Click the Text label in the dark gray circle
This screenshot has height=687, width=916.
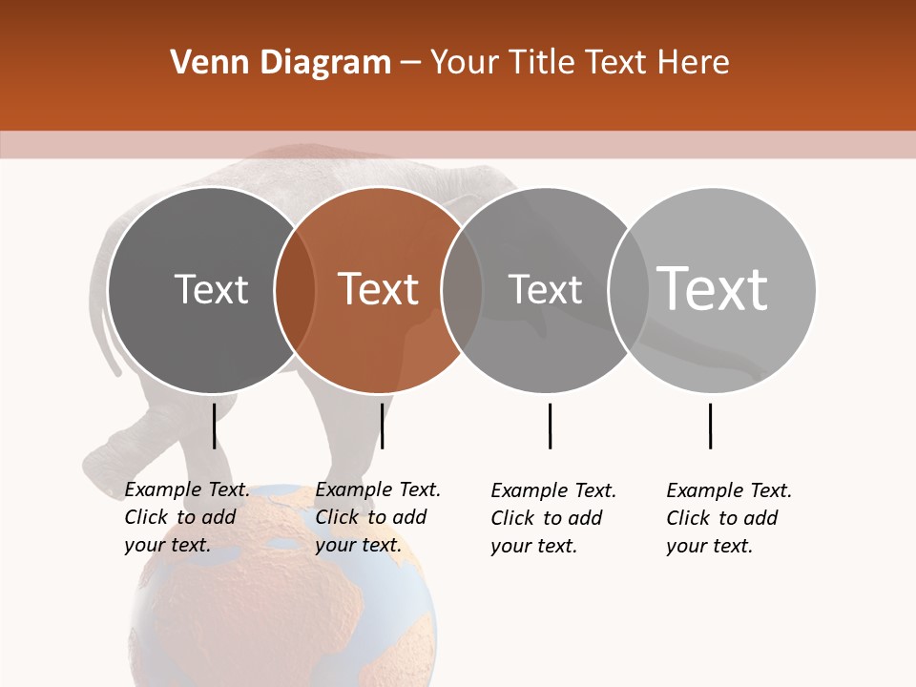[x=211, y=289]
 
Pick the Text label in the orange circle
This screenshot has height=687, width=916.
[x=379, y=289]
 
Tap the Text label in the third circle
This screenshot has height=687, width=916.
[x=545, y=289]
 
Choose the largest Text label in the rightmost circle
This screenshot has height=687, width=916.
[x=713, y=289]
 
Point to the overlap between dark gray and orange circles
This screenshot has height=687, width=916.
[x=295, y=290]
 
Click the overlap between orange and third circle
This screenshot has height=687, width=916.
[x=462, y=290]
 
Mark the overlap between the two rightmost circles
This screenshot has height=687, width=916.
[x=628, y=290]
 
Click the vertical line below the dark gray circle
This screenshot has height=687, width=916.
[x=214, y=426]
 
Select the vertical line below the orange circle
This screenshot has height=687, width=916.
[x=382, y=426]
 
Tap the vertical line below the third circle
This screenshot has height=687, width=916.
[x=550, y=426]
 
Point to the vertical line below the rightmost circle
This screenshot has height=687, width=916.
[x=710, y=426]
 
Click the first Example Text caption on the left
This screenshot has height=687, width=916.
[x=186, y=517]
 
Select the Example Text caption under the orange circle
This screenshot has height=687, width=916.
[x=377, y=517]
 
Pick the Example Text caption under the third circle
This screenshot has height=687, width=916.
[x=552, y=518]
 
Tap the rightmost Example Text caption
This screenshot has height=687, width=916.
[x=728, y=518]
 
